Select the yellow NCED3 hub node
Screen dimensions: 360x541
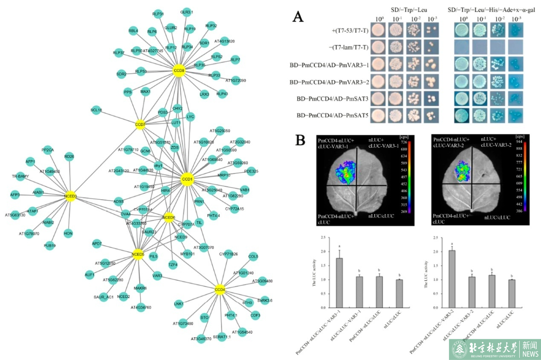(70, 196)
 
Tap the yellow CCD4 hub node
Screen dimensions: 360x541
(220, 290)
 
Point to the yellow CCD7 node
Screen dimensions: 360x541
(140, 124)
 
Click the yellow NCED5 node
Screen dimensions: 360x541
(138, 255)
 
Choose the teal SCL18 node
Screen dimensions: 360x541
(96, 110)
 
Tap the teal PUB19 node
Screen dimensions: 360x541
(50, 246)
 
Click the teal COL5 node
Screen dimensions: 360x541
(253, 256)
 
